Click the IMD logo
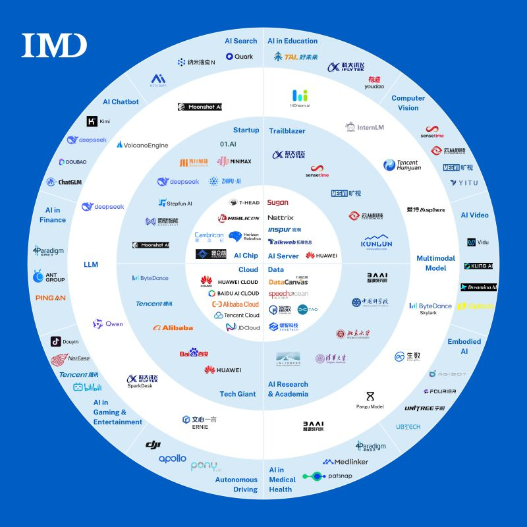click(x=54, y=45)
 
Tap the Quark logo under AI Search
click(x=239, y=57)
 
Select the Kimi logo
click(x=99, y=121)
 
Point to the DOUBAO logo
click(x=72, y=161)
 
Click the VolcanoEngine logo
click(x=142, y=145)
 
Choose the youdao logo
click(x=374, y=82)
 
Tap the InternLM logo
click(x=364, y=127)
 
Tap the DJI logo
click(x=153, y=445)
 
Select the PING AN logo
click(x=51, y=298)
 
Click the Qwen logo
click(x=108, y=324)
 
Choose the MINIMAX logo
click(x=234, y=161)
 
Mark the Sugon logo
click(x=278, y=203)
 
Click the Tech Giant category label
click(x=237, y=394)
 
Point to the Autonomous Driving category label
click(x=236, y=485)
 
